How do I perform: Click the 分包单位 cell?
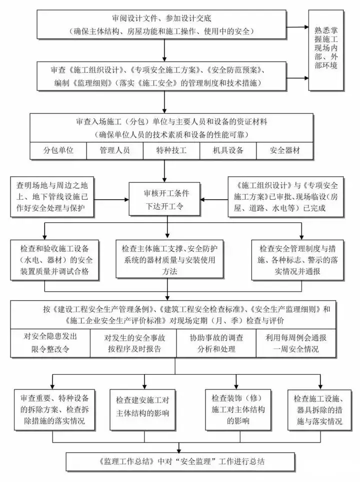coord(58,150)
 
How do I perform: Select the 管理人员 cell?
coord(115,150)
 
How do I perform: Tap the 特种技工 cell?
coord(171,150)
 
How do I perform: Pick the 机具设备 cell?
coord(228,150)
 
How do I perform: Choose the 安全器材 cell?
coord(285,150)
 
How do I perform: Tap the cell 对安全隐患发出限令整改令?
coord(50,343)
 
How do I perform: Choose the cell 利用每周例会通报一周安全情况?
coord(299,343)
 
